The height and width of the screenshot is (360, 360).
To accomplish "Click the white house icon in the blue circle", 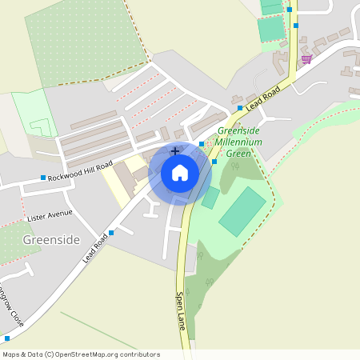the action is click(180, 172).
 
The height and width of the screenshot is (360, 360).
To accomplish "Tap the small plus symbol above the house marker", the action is click(175, 150).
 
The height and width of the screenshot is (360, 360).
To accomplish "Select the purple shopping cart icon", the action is click(306, 58).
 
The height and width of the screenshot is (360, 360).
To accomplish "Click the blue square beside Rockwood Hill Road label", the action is click(43, 178).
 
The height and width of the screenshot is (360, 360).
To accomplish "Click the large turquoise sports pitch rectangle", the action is click(242, 210).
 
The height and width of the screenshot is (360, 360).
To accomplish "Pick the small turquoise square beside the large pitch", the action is click(210, 198).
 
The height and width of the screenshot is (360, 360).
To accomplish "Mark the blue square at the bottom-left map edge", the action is click(7, 338).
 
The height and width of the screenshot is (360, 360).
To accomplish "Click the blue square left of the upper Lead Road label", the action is click(239, 107).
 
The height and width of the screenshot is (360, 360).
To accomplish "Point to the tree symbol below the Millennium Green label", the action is click(235, 166).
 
